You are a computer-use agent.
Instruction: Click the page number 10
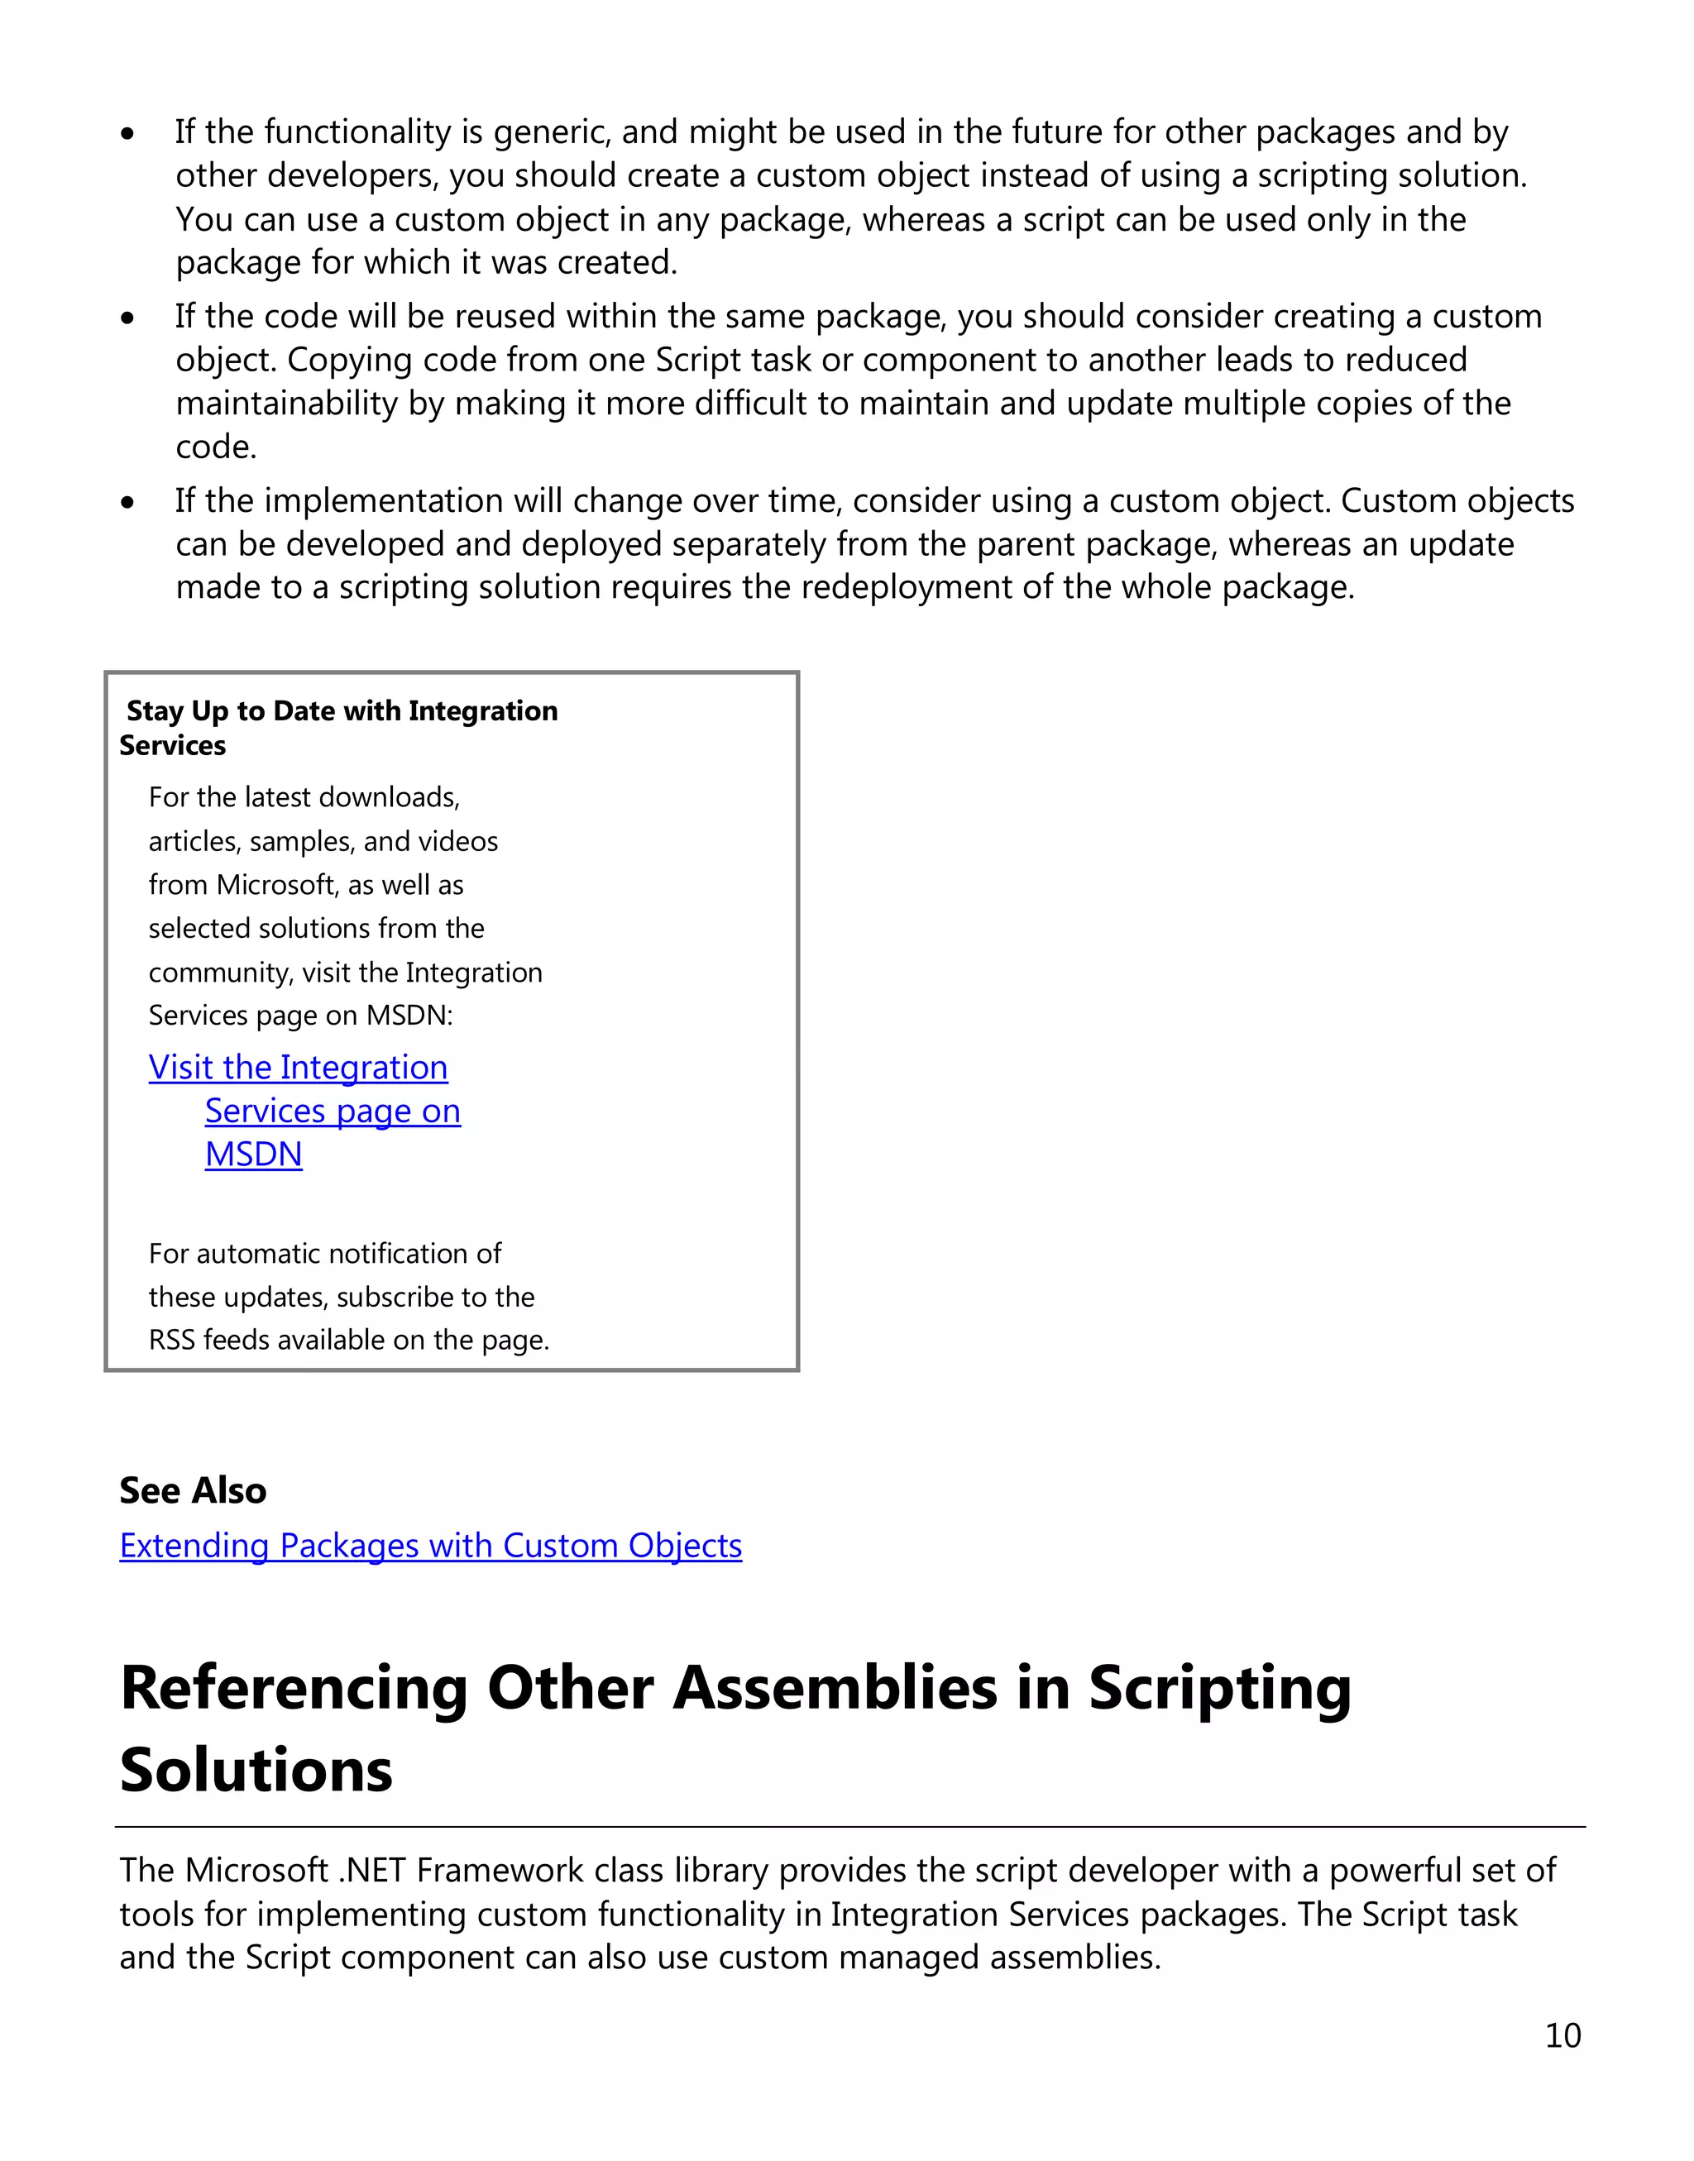(x=1562, y=2035)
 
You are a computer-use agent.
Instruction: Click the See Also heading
(x=193, y=1489)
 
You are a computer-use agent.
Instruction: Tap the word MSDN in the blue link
(x=253, y=1154)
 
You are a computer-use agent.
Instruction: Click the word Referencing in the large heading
(x=294, y=1688)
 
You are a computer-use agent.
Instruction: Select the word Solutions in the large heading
(x=256, y=1771)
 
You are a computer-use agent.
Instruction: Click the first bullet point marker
(x=127, y=133)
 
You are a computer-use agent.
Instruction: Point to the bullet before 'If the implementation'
(x=127, y=502)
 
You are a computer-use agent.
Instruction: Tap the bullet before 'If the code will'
(x=127, y=318)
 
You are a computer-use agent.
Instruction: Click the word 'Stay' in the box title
(x=155, y=711)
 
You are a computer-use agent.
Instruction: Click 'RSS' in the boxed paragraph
(x=171, y=1340)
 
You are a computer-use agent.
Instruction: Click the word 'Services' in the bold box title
(x=173, y=746)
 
